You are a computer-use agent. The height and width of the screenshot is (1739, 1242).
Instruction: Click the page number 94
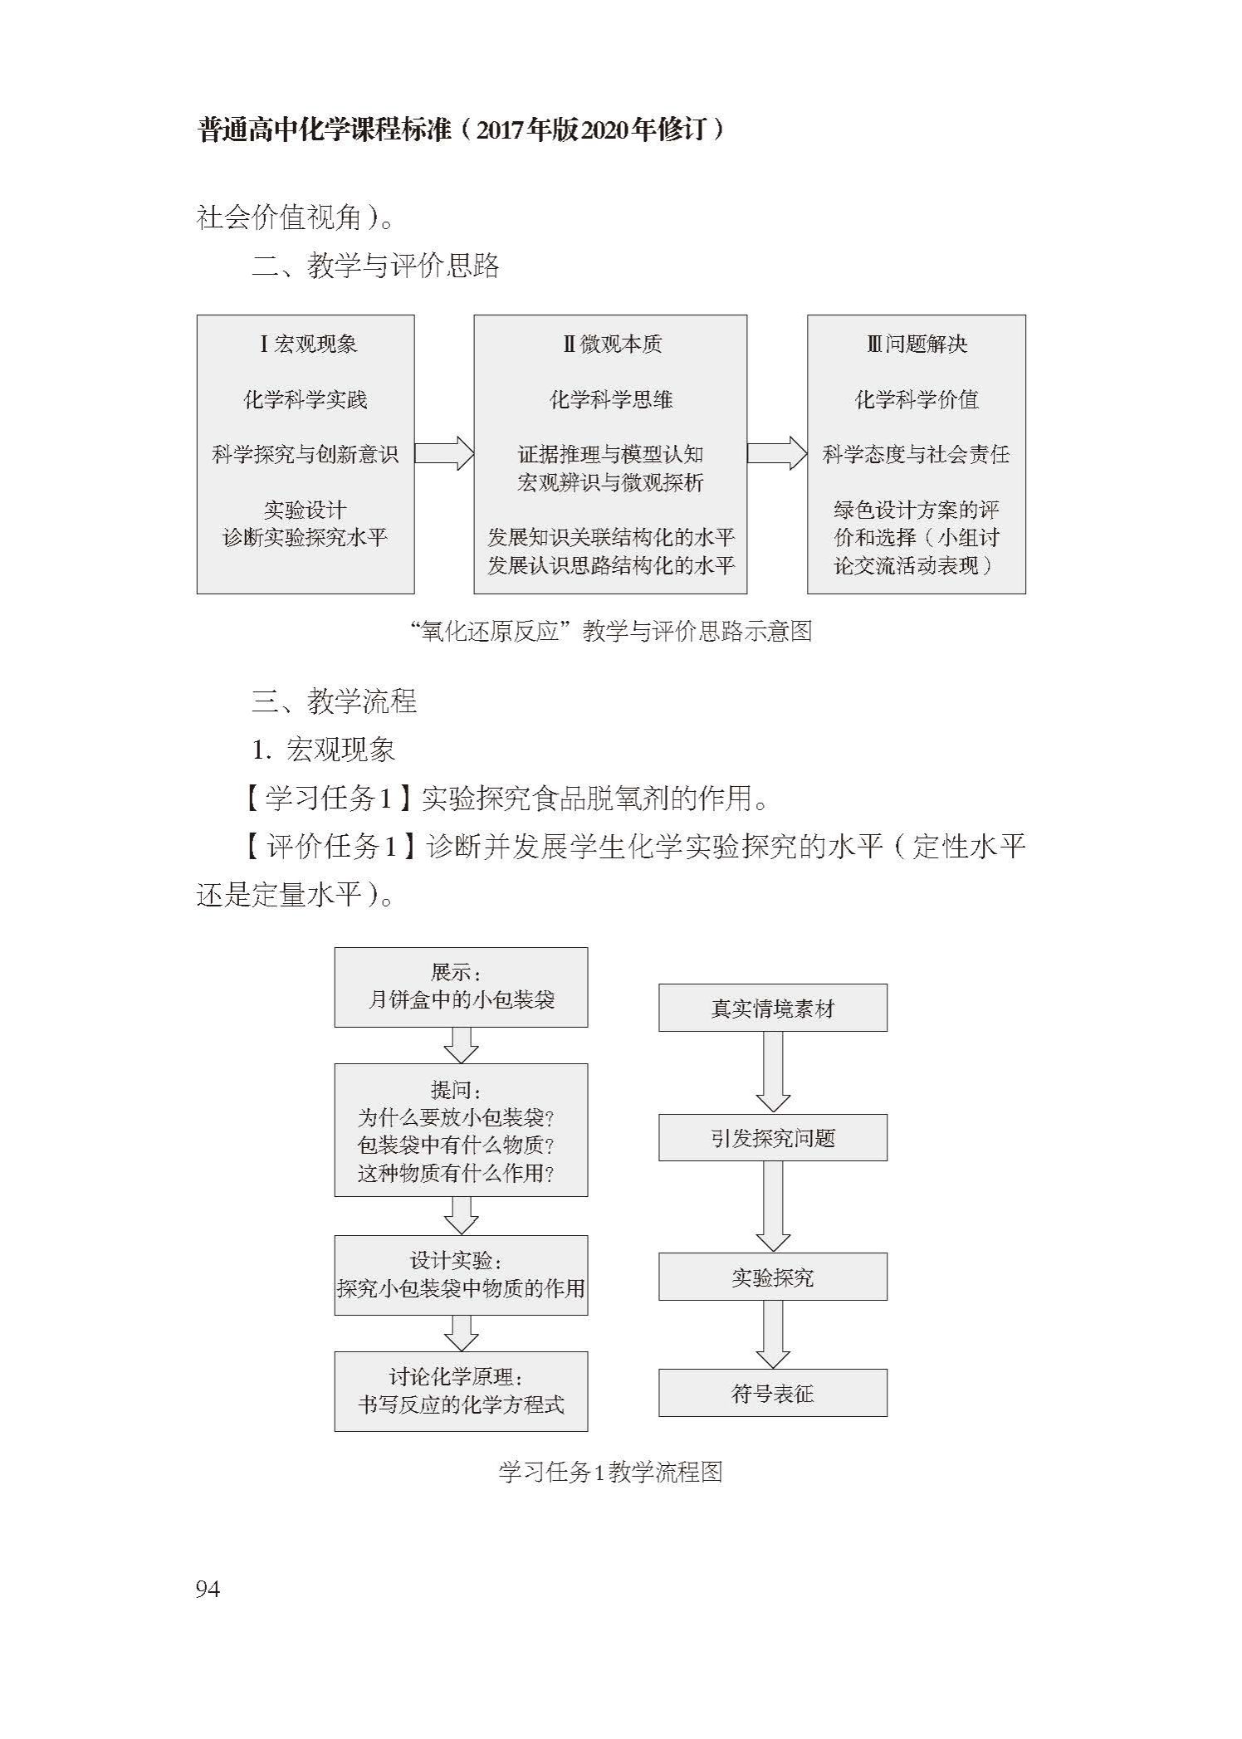point(208,1589)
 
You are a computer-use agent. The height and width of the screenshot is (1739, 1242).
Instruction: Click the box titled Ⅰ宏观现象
point(306,454)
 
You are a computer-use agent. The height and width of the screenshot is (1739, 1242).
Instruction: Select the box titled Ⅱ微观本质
point(610,454)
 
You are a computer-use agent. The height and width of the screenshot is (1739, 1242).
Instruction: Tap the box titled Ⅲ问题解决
point(917,454)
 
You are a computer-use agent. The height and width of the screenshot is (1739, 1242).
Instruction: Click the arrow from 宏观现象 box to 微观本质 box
point(444,454)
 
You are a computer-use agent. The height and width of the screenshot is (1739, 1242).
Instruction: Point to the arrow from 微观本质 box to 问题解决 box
point(777,454)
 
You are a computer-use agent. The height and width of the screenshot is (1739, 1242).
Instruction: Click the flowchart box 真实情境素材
point(773,1008)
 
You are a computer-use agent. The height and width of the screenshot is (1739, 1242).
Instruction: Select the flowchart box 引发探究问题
point(773,1137)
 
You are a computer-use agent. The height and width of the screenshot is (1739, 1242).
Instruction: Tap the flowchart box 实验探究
point(773,1277)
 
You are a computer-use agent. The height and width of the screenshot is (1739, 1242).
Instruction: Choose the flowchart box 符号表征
point(773,1393)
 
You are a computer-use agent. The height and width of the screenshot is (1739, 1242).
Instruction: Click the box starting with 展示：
point(461,987)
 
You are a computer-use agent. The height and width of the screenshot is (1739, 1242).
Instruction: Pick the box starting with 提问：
point(461,1130)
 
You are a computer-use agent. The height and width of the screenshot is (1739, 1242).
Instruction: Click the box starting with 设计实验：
point(461,1275)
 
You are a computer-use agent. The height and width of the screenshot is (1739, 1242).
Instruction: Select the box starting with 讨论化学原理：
point(461,1391)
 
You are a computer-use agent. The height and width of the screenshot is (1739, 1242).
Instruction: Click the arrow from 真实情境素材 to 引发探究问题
point(773,1072)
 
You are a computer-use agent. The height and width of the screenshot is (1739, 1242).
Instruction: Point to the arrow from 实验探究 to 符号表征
point(773,1335)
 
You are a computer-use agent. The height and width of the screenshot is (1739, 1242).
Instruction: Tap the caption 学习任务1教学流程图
point(610,1473)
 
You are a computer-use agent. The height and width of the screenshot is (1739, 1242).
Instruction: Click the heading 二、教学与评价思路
point(375,266)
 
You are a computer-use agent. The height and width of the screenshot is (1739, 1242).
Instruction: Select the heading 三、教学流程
point(334,701)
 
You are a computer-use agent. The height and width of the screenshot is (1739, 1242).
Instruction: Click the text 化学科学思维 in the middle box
point(610,399)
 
